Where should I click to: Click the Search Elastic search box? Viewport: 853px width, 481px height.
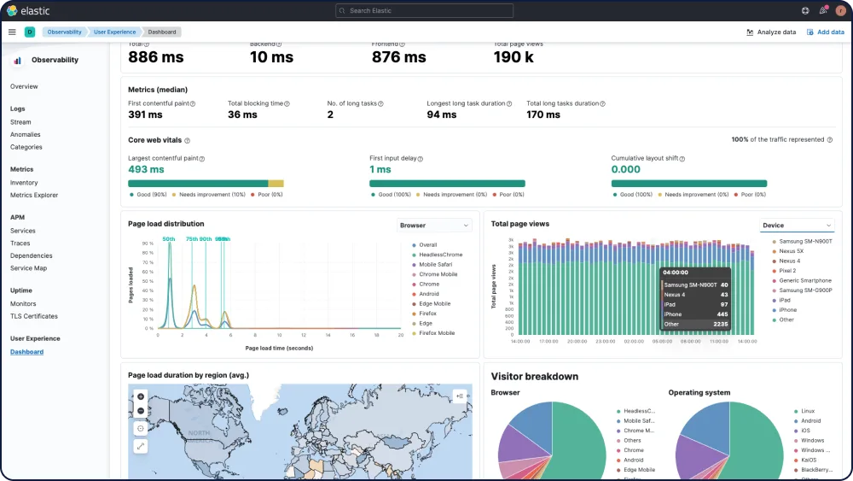pos(424,11)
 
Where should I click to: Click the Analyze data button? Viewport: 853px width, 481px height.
pos(771,32)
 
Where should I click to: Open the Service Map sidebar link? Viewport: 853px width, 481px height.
pos(28,268)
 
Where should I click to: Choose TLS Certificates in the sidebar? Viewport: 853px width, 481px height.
pos(34,316)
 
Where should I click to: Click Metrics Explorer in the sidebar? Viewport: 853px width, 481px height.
pos(34,195)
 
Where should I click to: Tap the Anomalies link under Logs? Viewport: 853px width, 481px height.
pos(26,134)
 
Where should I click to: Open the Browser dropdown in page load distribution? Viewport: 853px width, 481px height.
pos(435,226)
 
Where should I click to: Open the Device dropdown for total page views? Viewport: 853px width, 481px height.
pos(797,226)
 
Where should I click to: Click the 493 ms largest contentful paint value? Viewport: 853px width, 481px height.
pos(146,169)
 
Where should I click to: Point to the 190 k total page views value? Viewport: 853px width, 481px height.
pos(514,57)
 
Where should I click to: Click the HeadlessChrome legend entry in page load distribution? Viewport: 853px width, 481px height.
pos(440,255)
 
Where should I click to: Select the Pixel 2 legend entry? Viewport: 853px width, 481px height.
pos(787,271)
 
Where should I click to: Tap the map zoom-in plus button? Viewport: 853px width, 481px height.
pos(141,396)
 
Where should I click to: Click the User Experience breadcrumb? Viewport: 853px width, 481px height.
pos(114,32)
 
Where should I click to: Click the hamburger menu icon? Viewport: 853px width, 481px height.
pos(12,32)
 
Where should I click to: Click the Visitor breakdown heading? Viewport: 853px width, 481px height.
pos(535,376)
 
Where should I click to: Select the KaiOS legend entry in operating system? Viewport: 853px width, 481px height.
pos(809,460)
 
